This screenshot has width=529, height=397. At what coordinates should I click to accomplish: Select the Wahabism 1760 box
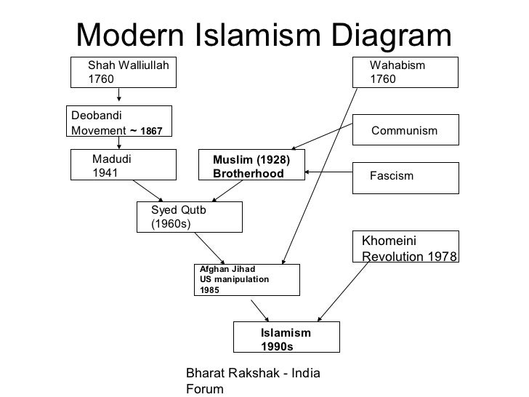click(x=405, y=72)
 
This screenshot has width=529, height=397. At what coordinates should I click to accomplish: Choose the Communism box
click(x=405, y=131)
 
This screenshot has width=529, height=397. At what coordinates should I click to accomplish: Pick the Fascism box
click(x=405, y=177)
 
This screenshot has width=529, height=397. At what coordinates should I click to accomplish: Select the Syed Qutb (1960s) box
click(x=189, y=217)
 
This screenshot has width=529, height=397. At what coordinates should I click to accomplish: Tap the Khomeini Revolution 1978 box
click(x=406, y=248)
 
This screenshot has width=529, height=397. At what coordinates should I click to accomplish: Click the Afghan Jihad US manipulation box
click(x=246, y=280)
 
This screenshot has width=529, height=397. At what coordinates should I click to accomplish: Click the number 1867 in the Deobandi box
click(x=151, y=132)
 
